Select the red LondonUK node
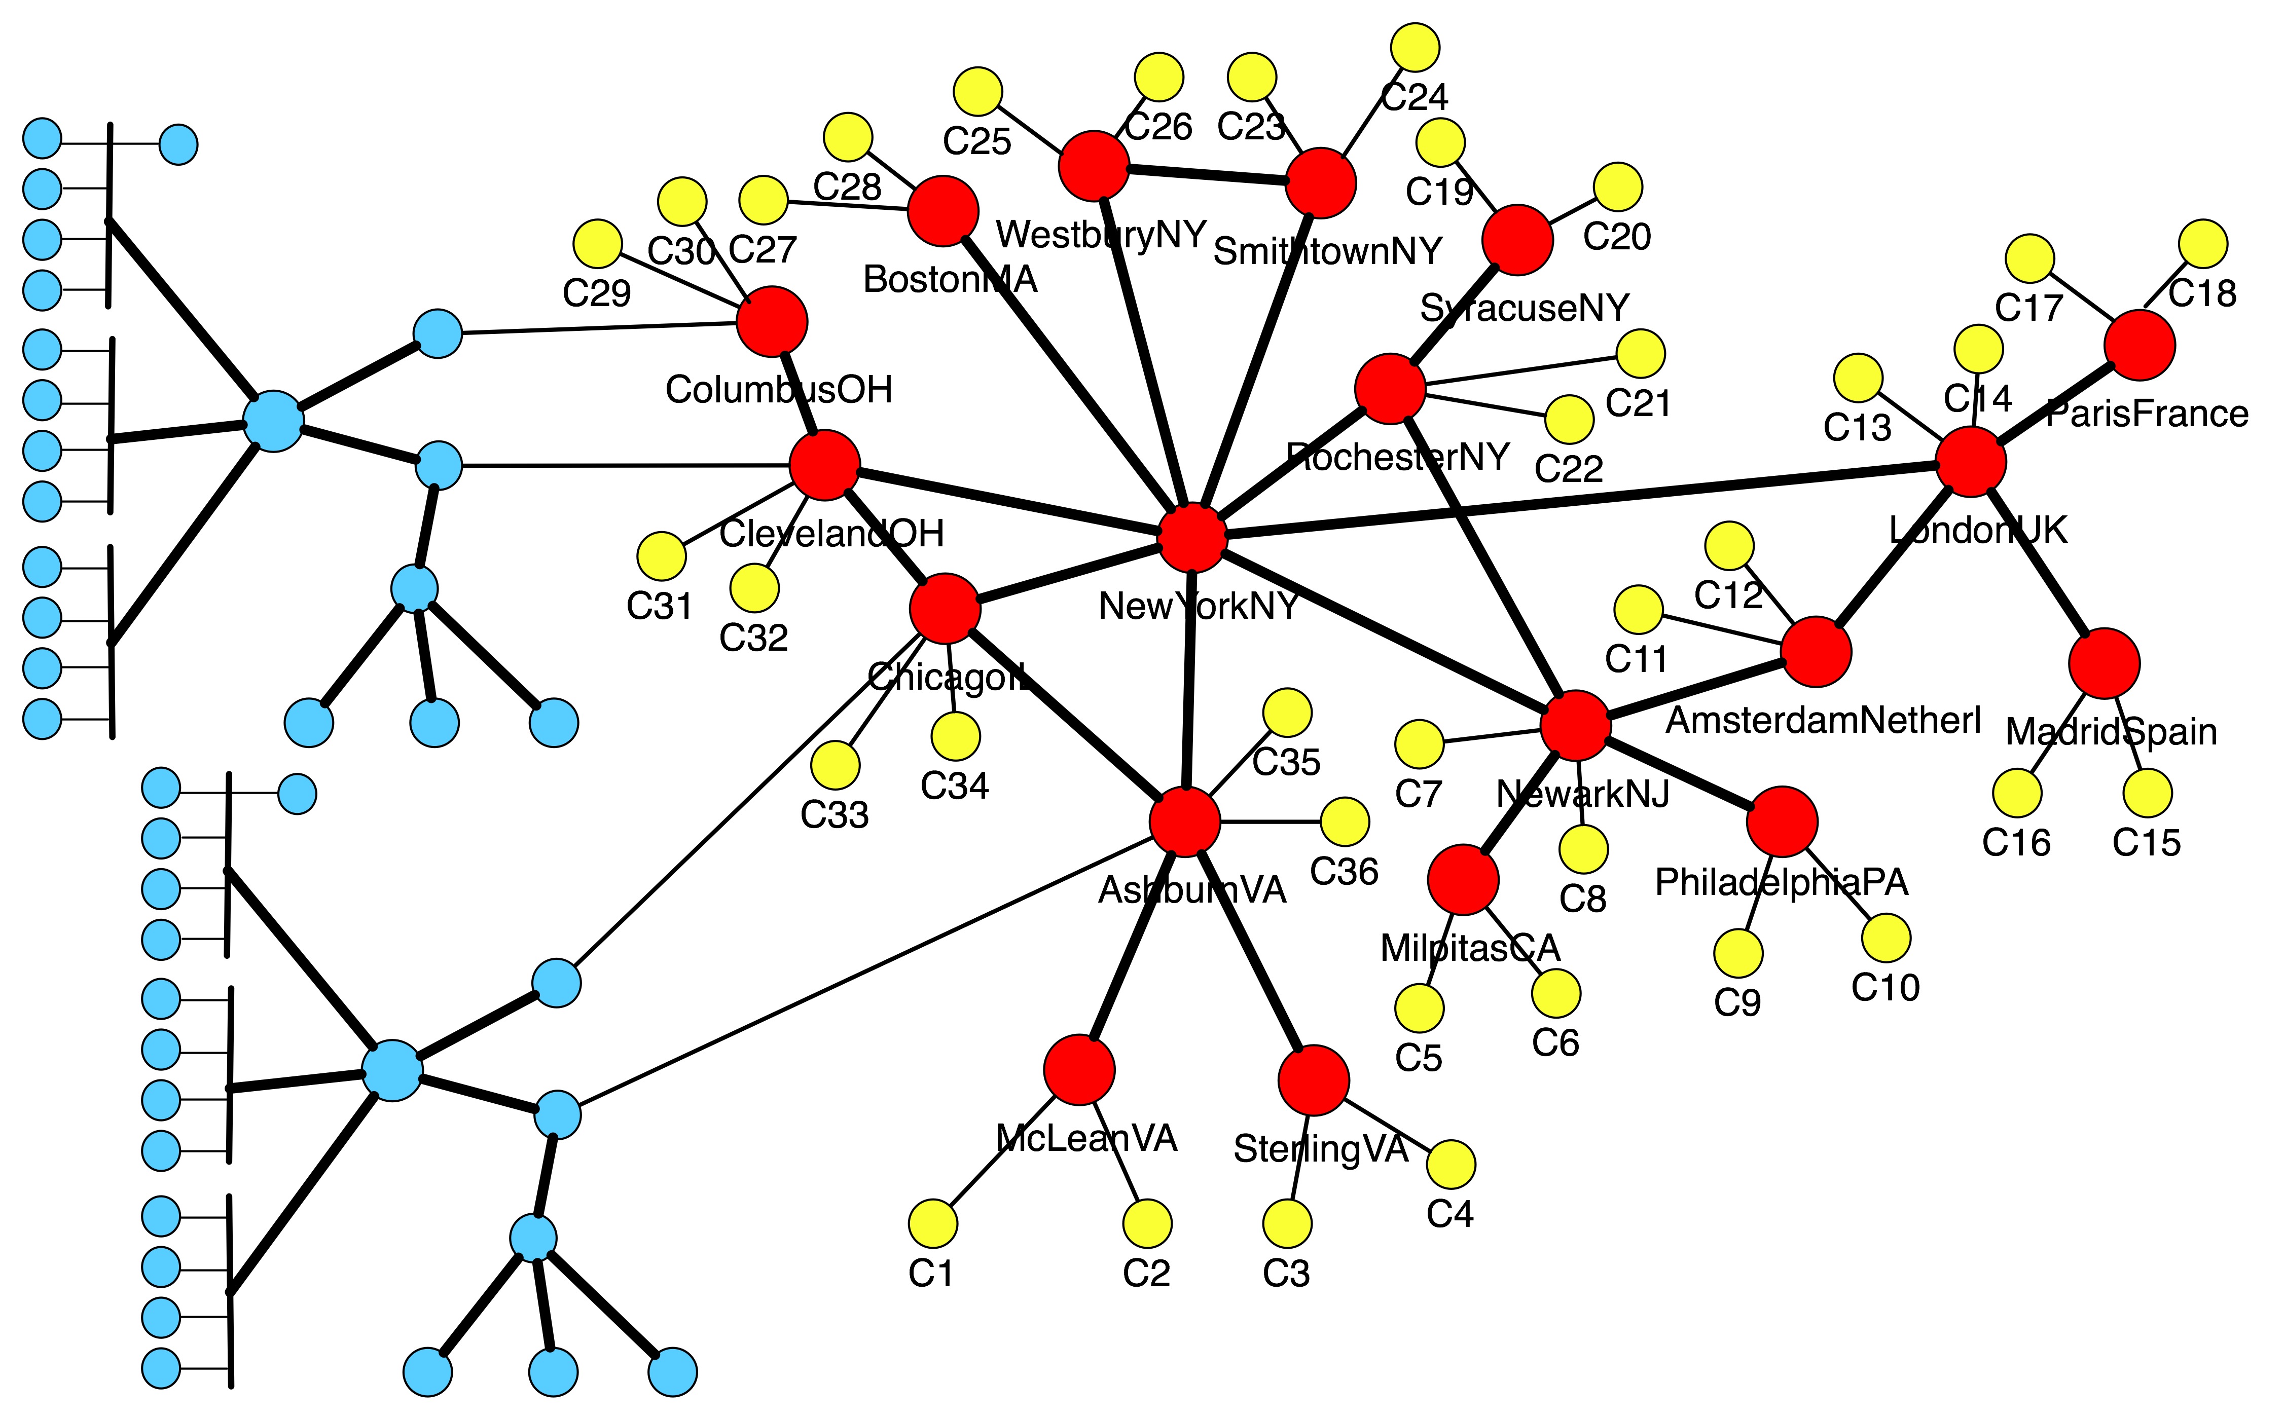click(1971, 462)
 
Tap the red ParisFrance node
click(2140, 345)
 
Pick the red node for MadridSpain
click(2104, 663)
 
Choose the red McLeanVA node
click(1079, 1070)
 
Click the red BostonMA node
click(942, 211)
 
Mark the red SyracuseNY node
click(1517, 240)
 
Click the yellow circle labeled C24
click(1415, 47)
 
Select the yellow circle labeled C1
click(933, 1224)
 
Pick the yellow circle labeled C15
click(2147, 793)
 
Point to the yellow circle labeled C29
click(597, 244)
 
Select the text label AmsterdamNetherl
click(1823, 721)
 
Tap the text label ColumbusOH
click(778, 390)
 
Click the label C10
click(1885, 987)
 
